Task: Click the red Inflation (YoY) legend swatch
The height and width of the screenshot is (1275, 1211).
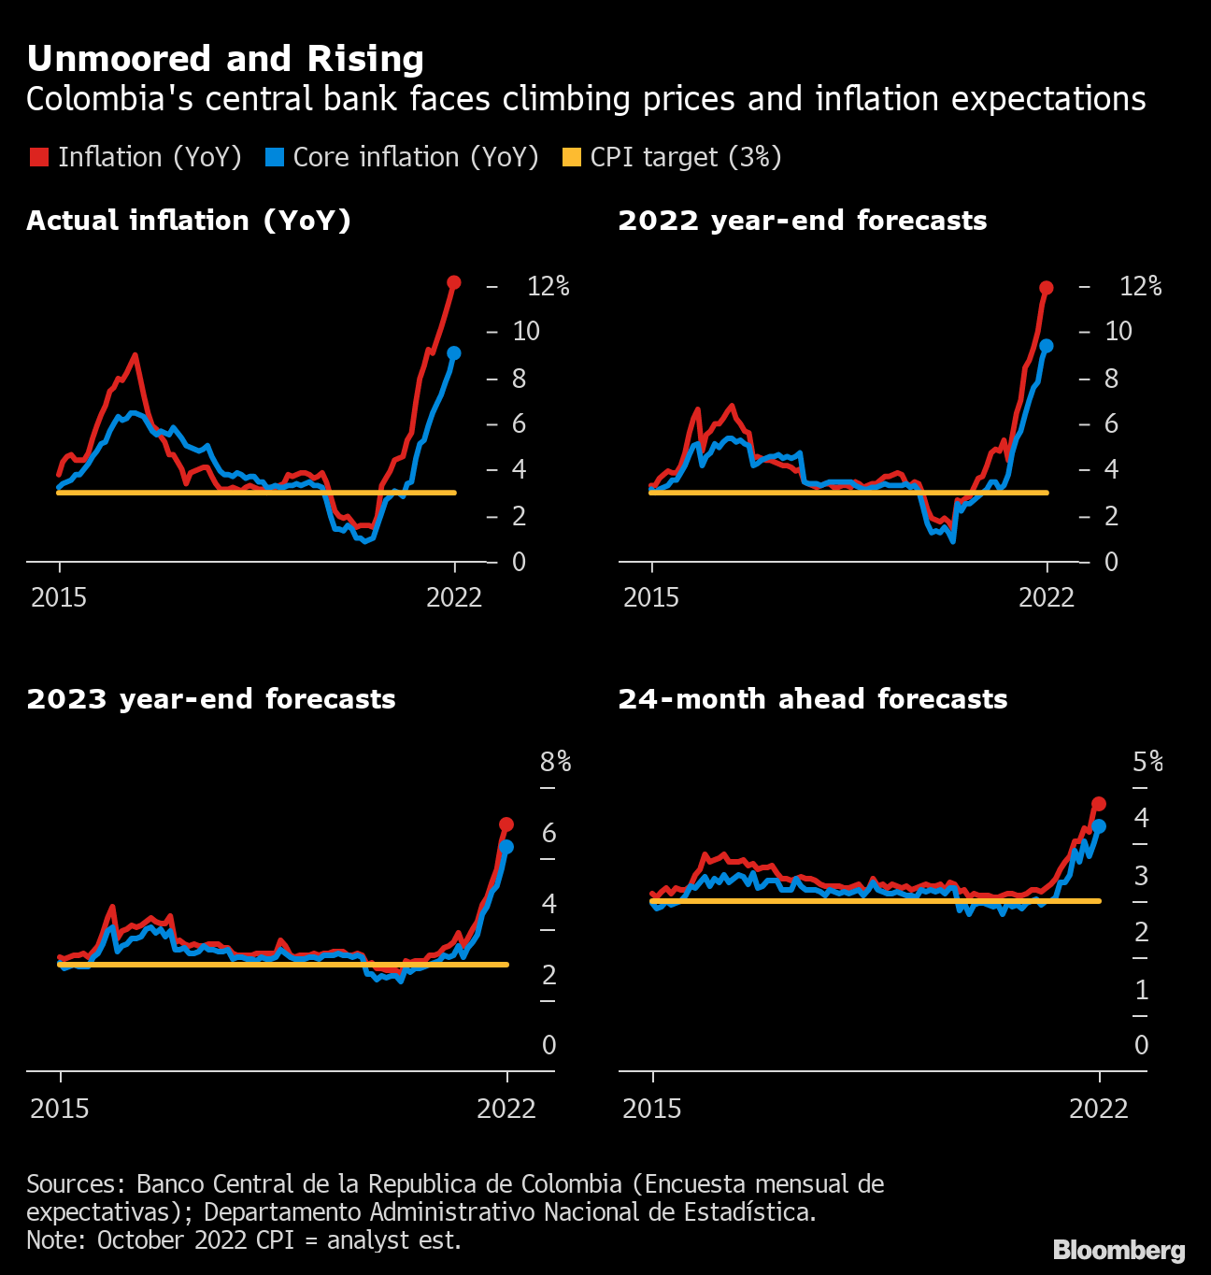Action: coord(38,157)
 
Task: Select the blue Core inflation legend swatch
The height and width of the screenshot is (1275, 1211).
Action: coord(274,157)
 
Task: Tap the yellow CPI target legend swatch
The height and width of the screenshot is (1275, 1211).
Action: coord(571,157)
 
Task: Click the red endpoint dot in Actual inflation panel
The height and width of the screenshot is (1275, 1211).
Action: coord(454,282)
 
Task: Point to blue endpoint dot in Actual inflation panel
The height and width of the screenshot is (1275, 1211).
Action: coord(454,353)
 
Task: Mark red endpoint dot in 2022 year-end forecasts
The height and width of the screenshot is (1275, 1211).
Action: coord(1047,288)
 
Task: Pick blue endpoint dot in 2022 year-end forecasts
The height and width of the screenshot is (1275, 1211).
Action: coord(1047,346)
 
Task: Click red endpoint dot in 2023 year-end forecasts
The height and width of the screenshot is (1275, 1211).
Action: coord(506,824)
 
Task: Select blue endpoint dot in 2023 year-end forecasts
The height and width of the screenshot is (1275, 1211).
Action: coord(506,847)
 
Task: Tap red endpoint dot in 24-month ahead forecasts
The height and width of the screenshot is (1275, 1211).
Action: coord(1099,804)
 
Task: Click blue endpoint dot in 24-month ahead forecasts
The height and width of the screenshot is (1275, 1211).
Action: coord(1099,826)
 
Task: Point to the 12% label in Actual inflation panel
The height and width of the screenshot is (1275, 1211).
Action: coord(549,286)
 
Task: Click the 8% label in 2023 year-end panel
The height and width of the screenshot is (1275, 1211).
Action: coord(556,762)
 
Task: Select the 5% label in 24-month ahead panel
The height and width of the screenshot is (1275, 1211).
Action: coord(1148,762)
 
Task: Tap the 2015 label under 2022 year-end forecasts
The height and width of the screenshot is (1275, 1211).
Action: coord(651,598)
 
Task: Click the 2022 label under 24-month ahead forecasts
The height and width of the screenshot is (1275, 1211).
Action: coord(1099,1109)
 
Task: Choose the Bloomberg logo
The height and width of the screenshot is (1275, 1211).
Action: coord(1118,1251)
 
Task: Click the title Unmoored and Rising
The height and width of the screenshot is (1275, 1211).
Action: coord(225,59)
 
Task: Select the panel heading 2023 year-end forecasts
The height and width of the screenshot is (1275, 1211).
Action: coord(211,699)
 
